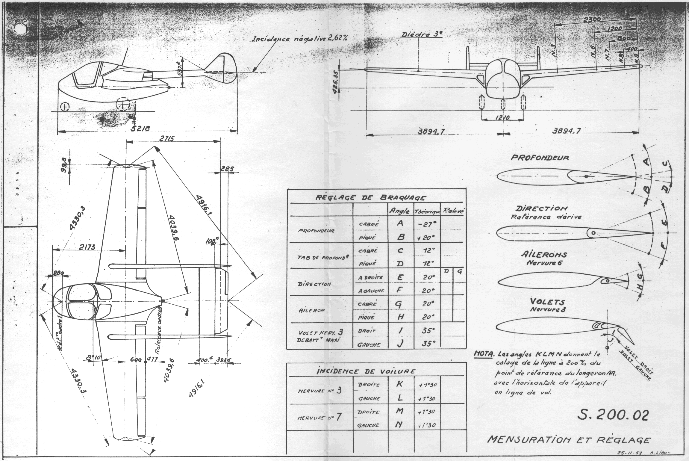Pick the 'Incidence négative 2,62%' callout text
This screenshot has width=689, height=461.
300,39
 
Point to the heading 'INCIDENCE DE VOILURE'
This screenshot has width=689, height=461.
366,371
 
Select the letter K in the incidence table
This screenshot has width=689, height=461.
399,385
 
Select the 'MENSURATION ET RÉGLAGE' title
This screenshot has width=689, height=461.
569,440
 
